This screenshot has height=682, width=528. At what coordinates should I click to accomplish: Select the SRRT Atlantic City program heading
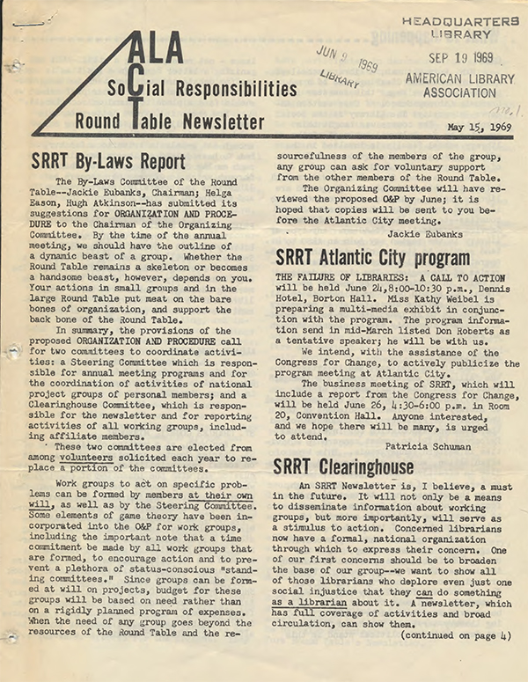[x=372, y=258]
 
